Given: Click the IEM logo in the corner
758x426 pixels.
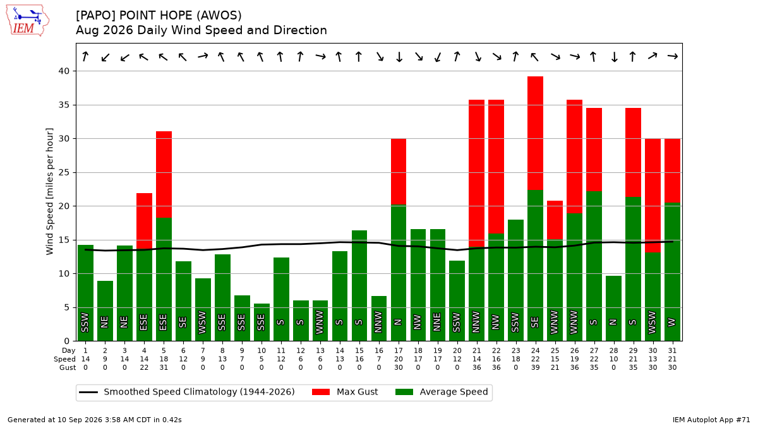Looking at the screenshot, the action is pyautogui.click(x=28, y=21).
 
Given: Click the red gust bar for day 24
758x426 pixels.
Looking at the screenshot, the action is pyautogui.click(x=536, y=133).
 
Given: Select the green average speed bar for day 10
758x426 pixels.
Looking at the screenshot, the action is pyautogui.click(x=262, y=322).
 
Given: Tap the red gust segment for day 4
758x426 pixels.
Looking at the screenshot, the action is pyautogui.click(x=144, y=222).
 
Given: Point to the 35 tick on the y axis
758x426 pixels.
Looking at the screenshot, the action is pyautogui.click(x=64, y=105).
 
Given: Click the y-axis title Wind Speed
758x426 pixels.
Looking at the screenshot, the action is pyautogui.click(x=50, y=191).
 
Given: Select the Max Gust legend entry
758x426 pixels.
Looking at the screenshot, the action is pyautogui.click(x=345, y=392).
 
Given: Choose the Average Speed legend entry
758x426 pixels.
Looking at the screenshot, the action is pyautogui.click(x=442, y=392).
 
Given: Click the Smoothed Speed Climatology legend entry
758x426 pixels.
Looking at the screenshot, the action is pyautogui.click(x=187, y=392).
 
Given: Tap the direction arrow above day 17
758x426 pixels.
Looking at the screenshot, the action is pyautogui.click(x=399, y=57).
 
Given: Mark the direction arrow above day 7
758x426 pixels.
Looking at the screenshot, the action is pyautogui.click(x=203, y=56).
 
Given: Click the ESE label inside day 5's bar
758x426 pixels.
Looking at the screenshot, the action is pyautogui.click(x=164, y=322).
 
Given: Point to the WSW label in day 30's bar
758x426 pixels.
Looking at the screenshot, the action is pyautogui.click(x=653, y=322).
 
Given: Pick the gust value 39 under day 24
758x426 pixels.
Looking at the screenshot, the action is pyautogui.click(x=536, y=367).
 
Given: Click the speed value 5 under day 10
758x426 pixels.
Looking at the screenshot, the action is pyautogui.click(x=262, y=359).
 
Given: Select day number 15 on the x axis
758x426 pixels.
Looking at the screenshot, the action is pyautogui.click(x=359, y=351).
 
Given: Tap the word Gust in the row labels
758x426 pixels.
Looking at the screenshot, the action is pyautogui.click(x=68, y=367).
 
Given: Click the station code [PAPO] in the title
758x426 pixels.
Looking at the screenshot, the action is pyautogui.click(x=96, y=16).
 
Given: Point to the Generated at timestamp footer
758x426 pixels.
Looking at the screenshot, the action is pyautogui.click(x=94, y=420).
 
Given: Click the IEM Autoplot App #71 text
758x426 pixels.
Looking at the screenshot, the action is pyautogui.click(x=711, y=420).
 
